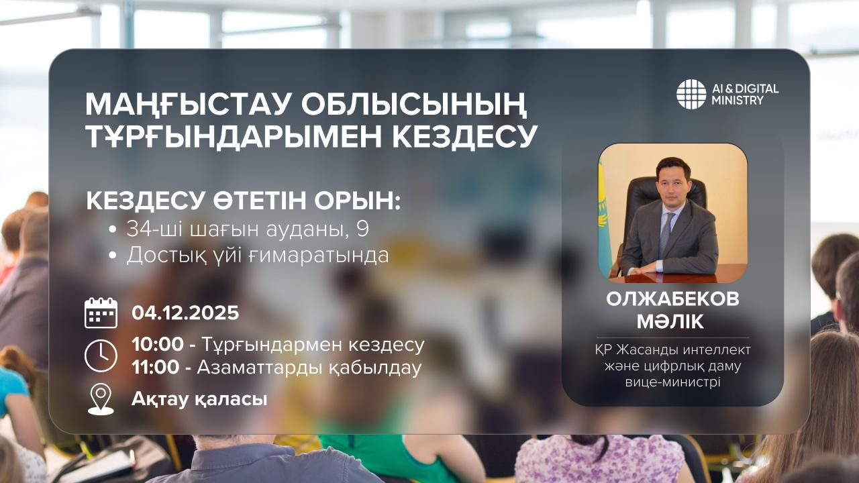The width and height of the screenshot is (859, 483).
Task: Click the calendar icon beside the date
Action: [101, 313]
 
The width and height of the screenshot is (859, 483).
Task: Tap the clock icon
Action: [101, 356]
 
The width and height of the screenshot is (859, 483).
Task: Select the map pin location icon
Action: [101, 399]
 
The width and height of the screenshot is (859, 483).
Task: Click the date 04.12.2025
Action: [185, 313]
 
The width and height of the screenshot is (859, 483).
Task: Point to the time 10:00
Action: [158, 345]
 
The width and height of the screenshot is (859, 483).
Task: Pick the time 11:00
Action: [158, 368]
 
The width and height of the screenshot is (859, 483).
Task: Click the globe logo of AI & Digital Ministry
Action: [691, 94]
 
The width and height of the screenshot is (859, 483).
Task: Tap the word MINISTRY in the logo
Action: [736, 101]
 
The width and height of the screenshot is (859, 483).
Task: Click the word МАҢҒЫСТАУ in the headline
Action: [187, 105]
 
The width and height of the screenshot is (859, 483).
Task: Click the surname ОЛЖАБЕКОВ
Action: [672, 299]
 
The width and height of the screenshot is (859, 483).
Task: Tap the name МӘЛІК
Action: [672, 321]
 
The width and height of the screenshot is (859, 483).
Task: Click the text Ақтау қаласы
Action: [199, 399]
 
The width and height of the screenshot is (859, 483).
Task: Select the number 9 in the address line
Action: [362, 229]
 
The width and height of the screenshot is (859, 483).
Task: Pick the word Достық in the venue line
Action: [159, 256]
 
